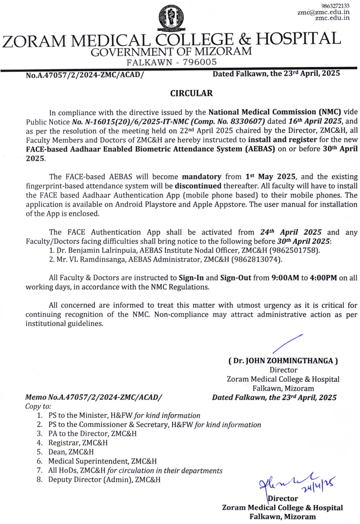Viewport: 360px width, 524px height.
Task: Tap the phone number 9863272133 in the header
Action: coord(335,6)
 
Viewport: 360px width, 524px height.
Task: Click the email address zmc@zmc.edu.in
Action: coord(323,12)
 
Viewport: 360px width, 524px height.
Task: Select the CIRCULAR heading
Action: coord(191,93)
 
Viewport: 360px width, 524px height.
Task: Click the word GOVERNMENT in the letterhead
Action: coord(132,52)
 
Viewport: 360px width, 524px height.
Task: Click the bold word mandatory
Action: coord(201,177)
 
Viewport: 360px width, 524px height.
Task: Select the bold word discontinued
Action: coord(198,186)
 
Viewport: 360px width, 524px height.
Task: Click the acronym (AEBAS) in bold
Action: coord(260,149)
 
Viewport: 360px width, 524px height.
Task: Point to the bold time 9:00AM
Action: coord(285,278)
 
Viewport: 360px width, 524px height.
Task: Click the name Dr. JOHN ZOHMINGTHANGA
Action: coord(283,361)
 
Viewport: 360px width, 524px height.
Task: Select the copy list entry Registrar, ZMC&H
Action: coord(78,443)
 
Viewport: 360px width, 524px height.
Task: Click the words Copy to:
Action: coord(38,406)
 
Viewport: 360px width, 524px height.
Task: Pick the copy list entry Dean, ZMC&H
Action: coord(71,452)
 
